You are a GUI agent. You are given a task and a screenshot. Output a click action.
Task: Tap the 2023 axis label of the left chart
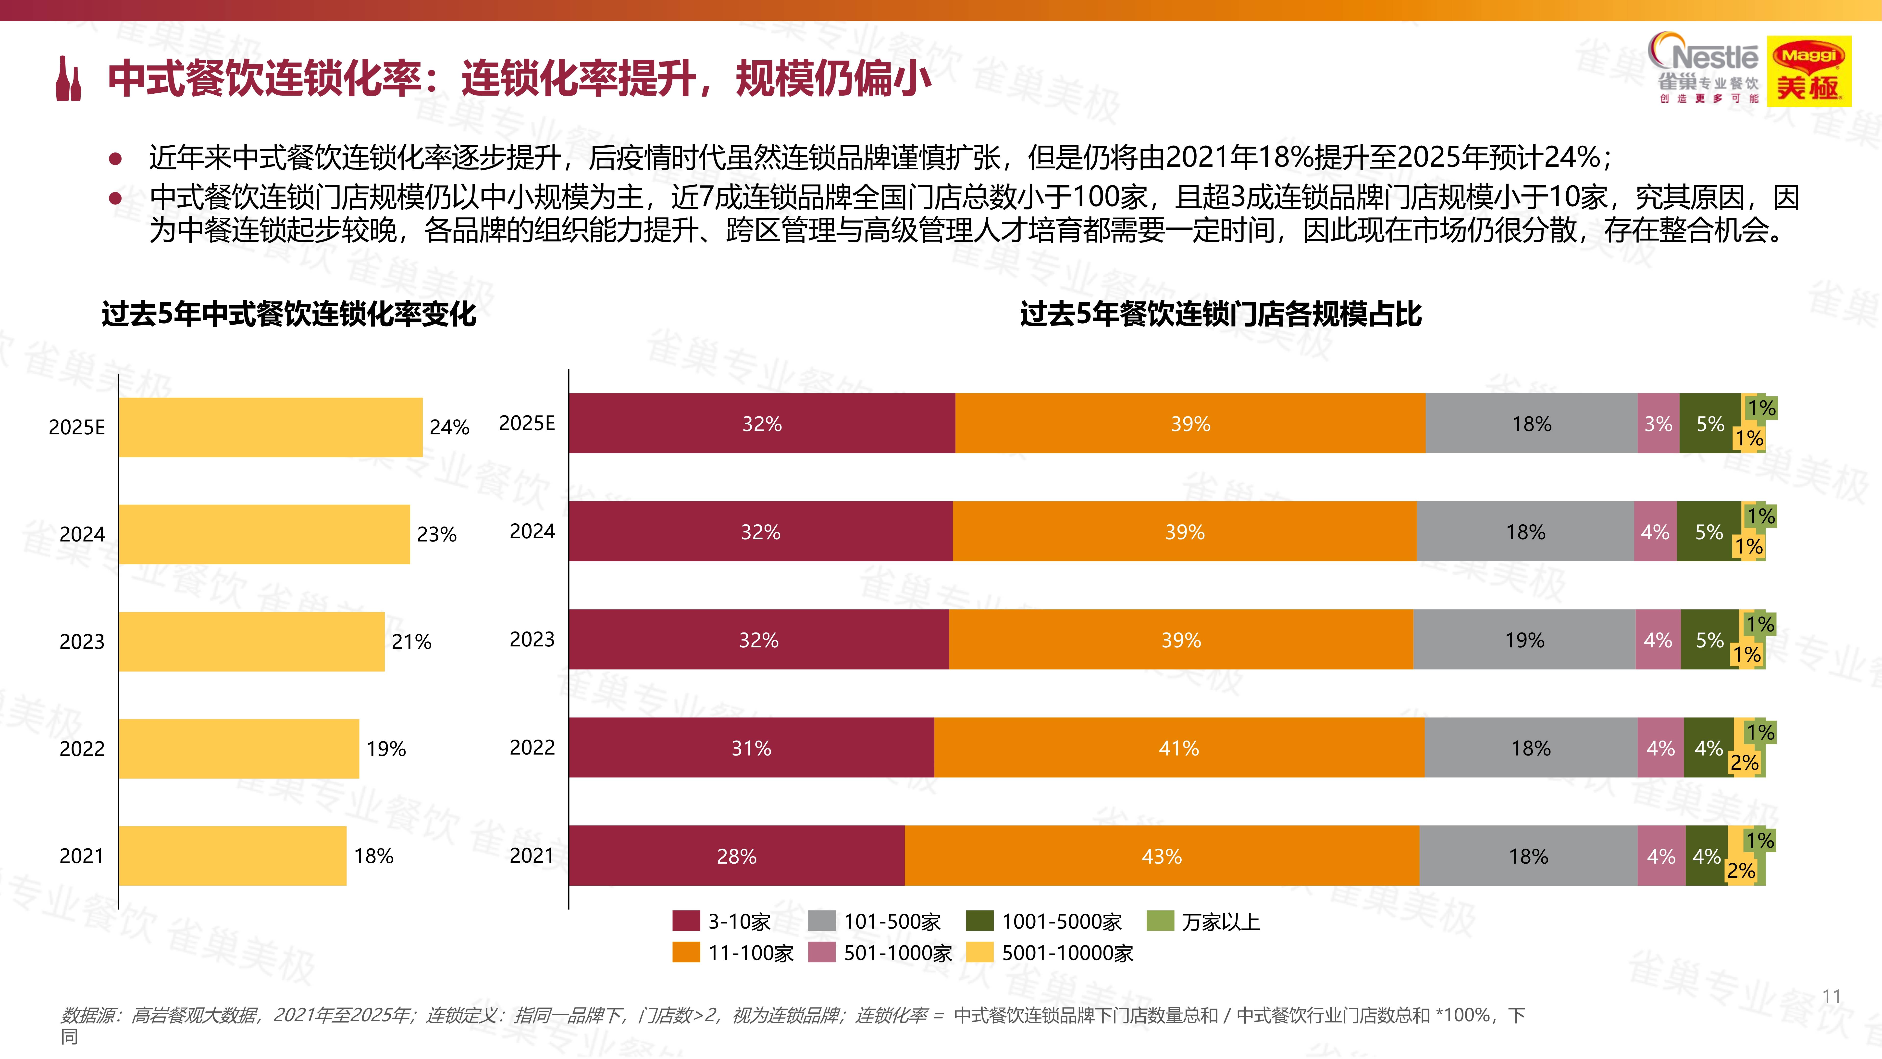tap(82, 642)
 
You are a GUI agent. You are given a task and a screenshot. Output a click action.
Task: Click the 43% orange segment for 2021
tap(1162, 856)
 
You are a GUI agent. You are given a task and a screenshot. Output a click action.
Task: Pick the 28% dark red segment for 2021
tap(736, 856)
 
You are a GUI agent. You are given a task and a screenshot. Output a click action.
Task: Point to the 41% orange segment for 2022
tap(1178, 748)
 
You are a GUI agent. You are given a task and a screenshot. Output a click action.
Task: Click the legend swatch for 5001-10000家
tap(979, 952)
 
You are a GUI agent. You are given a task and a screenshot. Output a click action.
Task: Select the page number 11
tap(1831, 996)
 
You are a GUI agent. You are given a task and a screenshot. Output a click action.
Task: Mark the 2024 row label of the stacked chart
tap(532, 531)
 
